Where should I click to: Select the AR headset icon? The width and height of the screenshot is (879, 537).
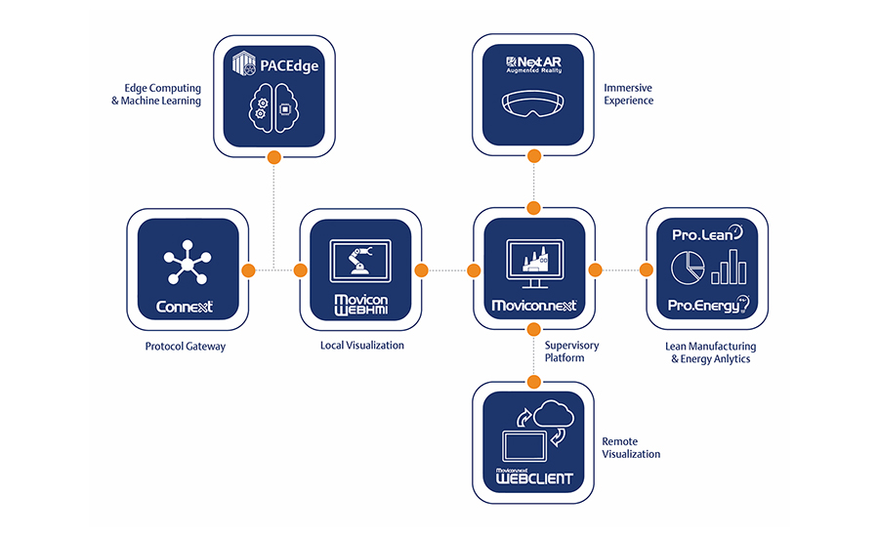pyautogui.click(x=533, y=102)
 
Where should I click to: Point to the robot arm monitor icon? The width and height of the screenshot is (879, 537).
pyautogui.click(x=360, y=259)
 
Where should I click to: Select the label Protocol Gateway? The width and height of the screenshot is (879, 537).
pyautogui.click(x=185, y=347)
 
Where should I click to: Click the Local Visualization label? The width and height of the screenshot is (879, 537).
pyautogui.click(x=361, y=346)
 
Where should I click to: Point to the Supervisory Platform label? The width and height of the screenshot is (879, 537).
pyautogui.click(x=570, y=351)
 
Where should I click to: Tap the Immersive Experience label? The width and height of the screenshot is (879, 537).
pyautogui.click(x=628, y=94)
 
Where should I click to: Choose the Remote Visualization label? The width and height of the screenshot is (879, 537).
pyautogui.click(x=631, y=447)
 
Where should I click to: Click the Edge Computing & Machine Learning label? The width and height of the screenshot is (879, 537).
pyautogui.click(x=156, y=94)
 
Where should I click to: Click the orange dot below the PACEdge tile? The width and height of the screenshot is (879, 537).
pyautogui.click(x=274, y=156)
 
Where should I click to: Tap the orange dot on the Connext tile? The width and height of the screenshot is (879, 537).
pyautogui.click(x=248, y=269)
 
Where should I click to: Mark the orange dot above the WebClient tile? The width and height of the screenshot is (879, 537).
pyautogui.click(x=533, y=382)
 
